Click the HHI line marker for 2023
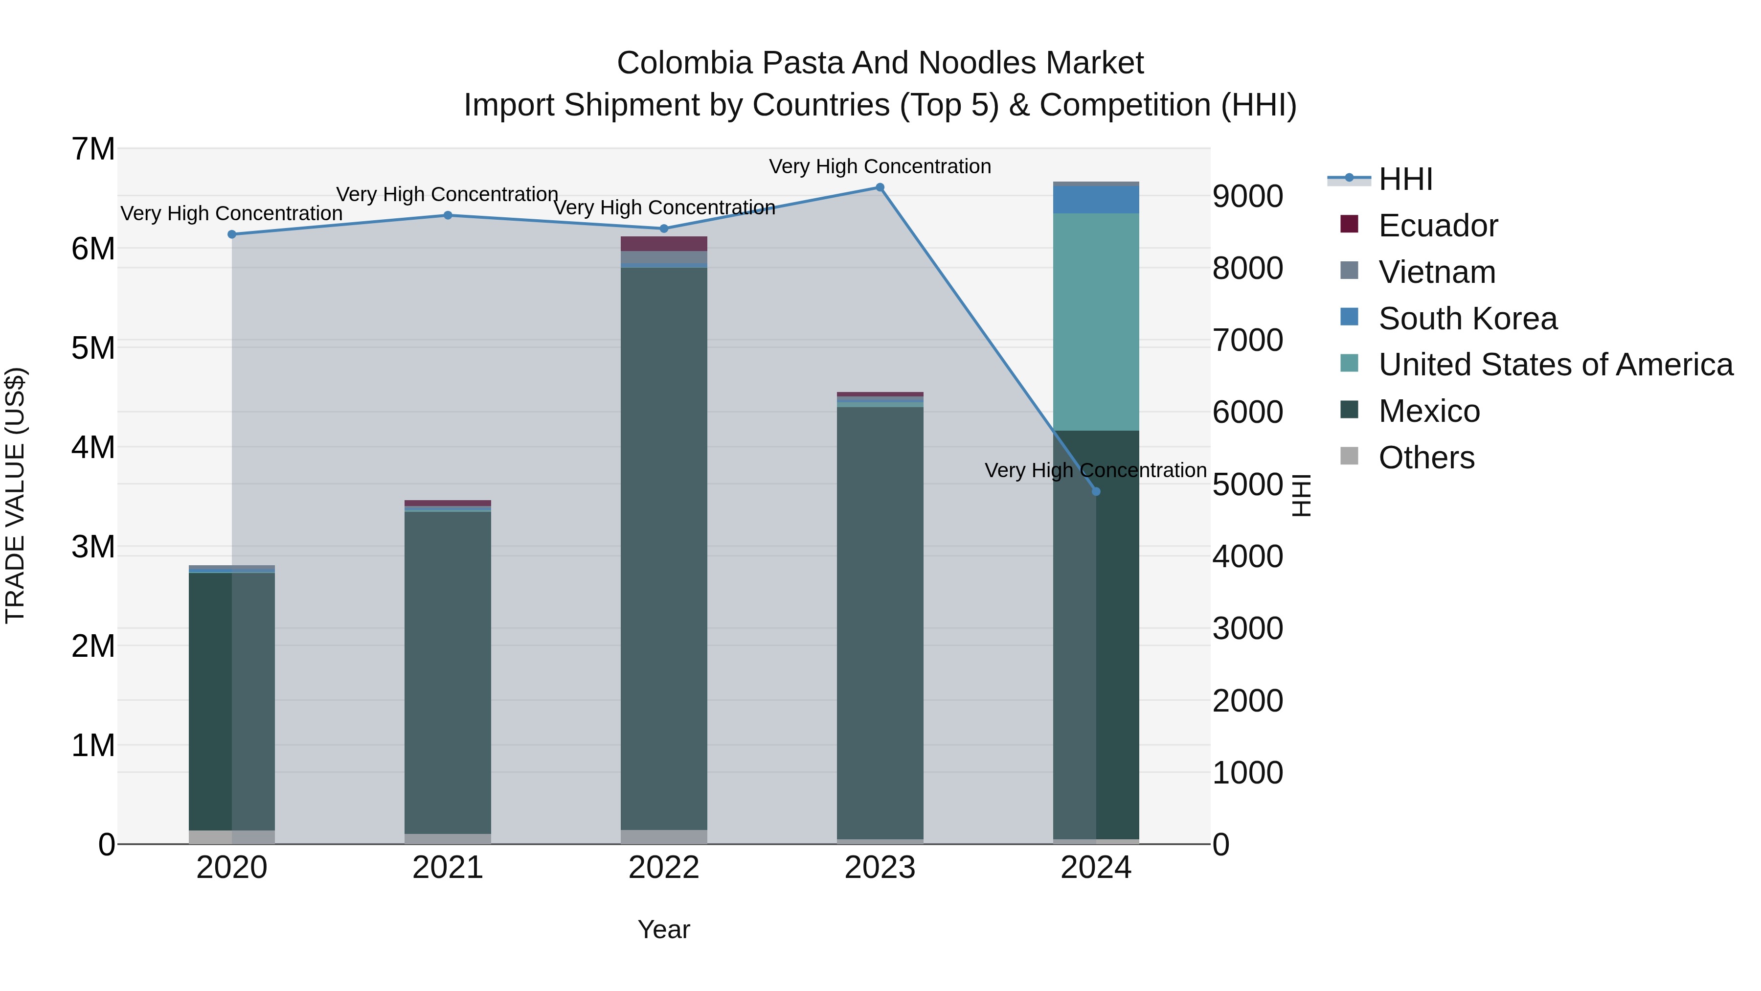[x=880, y=187]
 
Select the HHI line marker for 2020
[x=232, y=234]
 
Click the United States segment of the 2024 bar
[x=1096, y=322]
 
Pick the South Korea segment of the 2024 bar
[x=1096, y=200]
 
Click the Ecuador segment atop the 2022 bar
[x=664, y=244]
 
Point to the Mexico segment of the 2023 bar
[x=880, y=622]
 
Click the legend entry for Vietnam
[x=1436, y=272]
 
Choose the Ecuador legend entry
[x=1438, y=226]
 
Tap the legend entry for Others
[x=1426, y=458]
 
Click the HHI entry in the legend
[x=1405, y=179]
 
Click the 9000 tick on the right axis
[x=1247, y=196]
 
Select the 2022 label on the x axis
[x=664, y=868]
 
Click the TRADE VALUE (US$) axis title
[x=15, y=495]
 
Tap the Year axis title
[x=664, y=929]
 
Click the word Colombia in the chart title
[x=684, y=63]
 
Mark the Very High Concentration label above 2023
[x=880, y=166]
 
